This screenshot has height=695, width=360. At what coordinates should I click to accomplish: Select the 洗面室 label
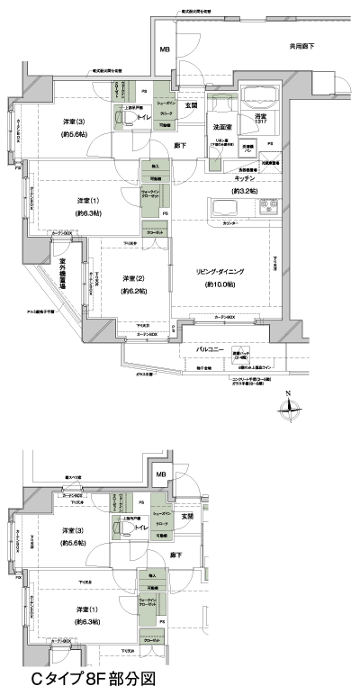tap(222, 127)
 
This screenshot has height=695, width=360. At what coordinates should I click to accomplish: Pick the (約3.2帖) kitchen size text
tap(245, 192)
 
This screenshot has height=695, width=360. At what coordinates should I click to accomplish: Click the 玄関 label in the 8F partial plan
tap(188, 516)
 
